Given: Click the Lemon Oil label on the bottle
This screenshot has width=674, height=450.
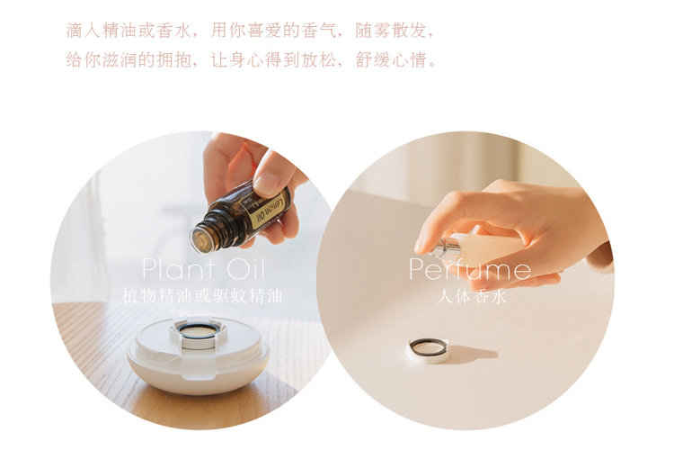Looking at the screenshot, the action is (268, 211).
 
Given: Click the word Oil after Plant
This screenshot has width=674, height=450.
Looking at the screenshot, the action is (245, 268).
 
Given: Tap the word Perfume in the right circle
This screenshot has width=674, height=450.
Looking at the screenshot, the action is (470, 269).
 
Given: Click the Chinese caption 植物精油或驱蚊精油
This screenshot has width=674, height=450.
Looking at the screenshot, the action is (202, 296).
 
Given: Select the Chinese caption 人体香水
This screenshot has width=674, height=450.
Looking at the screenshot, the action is (472, 296).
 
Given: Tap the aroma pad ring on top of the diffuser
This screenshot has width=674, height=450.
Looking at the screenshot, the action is (199, 329).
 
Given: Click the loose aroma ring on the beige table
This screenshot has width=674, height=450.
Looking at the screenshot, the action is (428, 350).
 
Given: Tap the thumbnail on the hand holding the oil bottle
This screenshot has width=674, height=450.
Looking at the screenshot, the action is (267, 184).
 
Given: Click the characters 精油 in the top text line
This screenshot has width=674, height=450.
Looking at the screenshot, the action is (120, 31).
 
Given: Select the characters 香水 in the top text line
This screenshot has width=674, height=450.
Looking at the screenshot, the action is (174, 31).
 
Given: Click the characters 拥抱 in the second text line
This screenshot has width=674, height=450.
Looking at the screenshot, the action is (174, 60).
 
